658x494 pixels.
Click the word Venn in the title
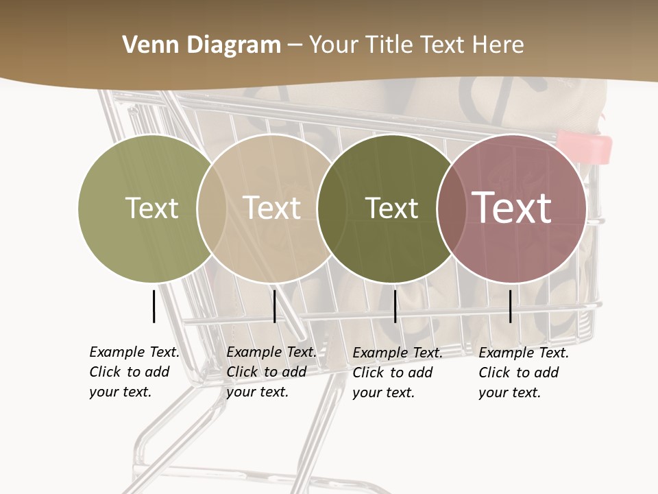pyautogui.click(x=147, y=45)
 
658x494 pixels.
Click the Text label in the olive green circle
pyautogui.click(x=151, y=208)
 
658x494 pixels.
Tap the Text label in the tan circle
pyautogui.click(x=272, y=208)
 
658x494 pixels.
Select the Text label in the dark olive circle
pyautogui.click(x=391, y=208)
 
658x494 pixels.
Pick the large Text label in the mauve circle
pyautogui.click(x=512, y=208)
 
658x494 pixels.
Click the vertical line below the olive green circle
pyautogui.click(x=154, y=306)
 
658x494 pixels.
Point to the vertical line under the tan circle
pyautogui.click(x=274, y=306)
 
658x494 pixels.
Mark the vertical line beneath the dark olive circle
pyautogui.click(x=395, y=306)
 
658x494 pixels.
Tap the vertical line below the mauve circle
pyautogui.click(x=511, y=306)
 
